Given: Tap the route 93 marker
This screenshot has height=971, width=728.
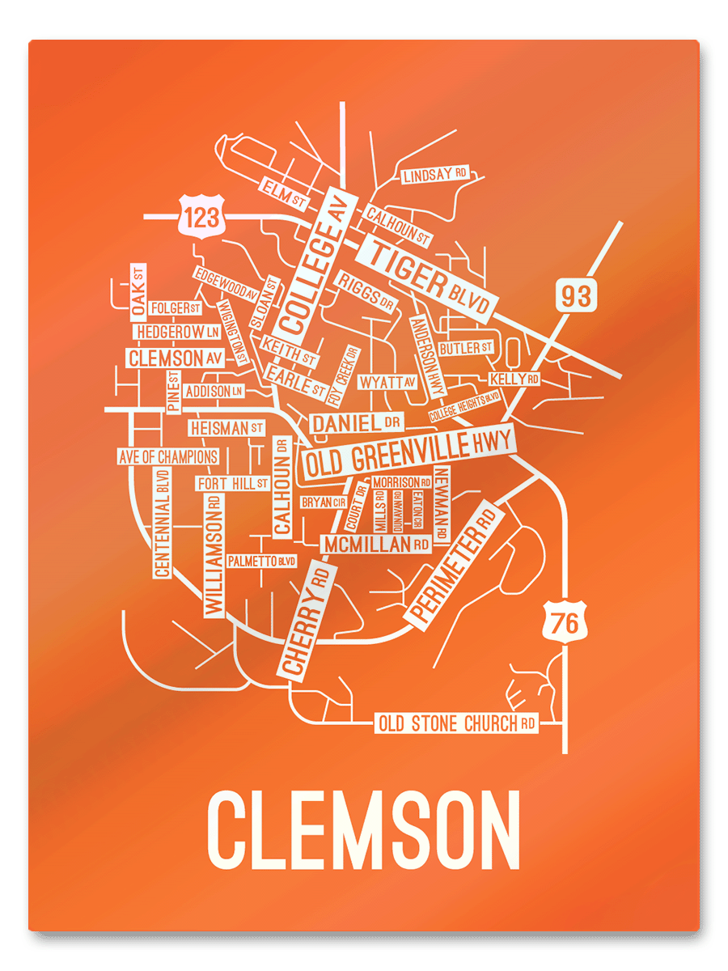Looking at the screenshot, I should pyautogui.click(x=575, y=296).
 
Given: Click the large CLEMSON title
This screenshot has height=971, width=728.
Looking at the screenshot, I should pyautogui.click(x=364, y=830).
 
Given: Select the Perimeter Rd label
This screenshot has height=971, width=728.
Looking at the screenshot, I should pyautogui.click(x=454, y=563).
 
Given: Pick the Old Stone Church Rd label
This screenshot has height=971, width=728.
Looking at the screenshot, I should pyautogui.click(x=457, y=723).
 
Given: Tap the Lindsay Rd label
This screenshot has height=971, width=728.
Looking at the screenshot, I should pyautogui.click(x=435, y=175).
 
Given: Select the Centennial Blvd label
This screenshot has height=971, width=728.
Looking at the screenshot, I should pyautogui.click(x=163, y=523).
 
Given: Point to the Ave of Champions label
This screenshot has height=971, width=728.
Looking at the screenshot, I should pyautogui.click(x=168, y=456).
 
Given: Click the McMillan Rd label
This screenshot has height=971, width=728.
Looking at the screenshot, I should pyautogui.click(x=376, y=545).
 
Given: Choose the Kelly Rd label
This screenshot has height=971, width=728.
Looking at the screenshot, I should pyautogui.click(x=514, y=379).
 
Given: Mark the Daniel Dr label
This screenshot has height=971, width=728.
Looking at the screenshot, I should pyautogui.click(x=356, y=422).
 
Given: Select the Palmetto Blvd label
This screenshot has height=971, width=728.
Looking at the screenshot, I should pyautogui.click(x=261, y=561).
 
